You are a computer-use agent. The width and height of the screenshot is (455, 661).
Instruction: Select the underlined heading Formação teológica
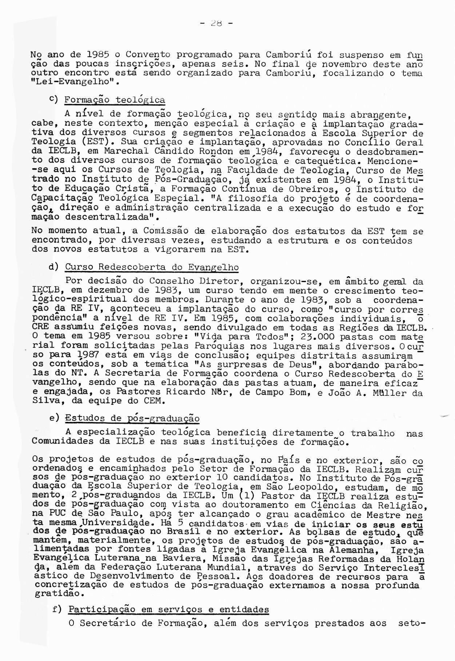[x=115, y=100]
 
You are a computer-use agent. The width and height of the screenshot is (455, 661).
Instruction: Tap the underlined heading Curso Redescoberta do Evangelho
[x=152, y=267]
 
